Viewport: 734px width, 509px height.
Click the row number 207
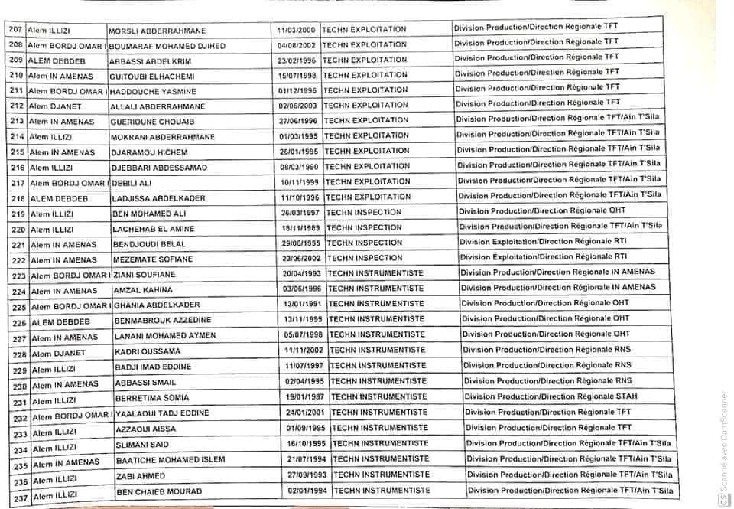tap(15, 30)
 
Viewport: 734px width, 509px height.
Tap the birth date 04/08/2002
tap(297, 45)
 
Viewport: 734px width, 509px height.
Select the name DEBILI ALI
tap(136, 182)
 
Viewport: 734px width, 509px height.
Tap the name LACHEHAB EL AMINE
tap(154, 229)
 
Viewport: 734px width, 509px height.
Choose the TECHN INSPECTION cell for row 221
tap(364, 243)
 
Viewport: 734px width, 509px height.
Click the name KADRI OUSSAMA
tap(147, 352)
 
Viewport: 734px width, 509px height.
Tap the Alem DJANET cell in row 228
tap(59, 354)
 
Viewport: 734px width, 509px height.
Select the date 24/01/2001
tap(307, 412)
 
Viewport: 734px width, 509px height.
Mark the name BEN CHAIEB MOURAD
tap(158, 491)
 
